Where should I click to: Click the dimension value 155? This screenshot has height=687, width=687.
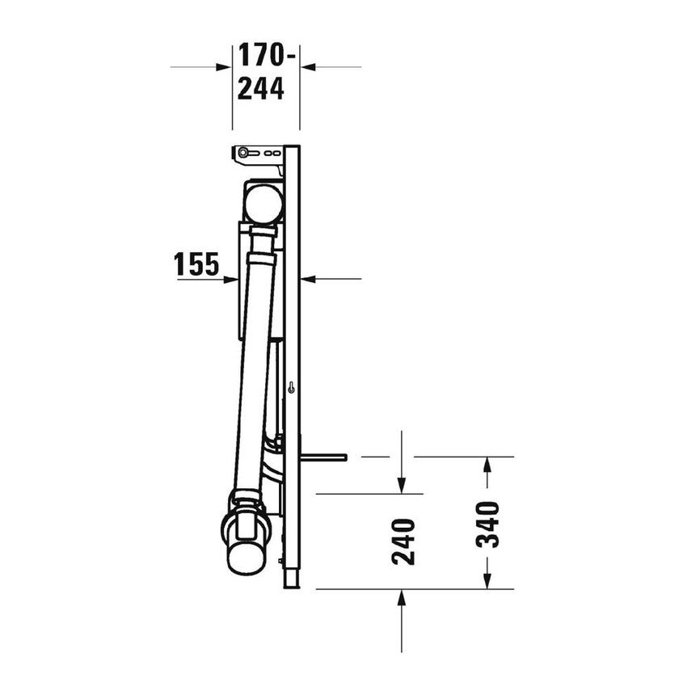[x=197, y=264]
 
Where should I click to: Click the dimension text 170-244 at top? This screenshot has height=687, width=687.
[x=261, y=73]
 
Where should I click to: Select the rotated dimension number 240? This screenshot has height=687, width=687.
[x=403, y=541]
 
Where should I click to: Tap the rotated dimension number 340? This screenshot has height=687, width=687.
[x=488, y=524]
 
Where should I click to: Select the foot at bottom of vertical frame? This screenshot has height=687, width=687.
[x=292, y=579]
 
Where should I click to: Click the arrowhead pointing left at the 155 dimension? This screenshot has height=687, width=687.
[x=307, y=279]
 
